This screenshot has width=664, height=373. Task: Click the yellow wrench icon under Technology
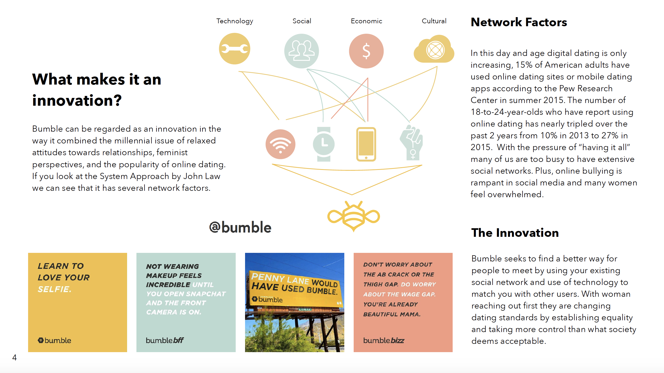235,49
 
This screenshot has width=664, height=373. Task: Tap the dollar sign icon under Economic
366,51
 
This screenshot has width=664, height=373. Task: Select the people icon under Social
302,51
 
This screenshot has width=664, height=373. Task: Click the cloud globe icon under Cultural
434,50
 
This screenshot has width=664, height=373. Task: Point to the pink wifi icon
280,144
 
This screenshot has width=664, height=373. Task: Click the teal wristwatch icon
324,144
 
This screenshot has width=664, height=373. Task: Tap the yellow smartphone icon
366,144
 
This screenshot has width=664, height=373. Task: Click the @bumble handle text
240,227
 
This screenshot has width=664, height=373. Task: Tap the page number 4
14,357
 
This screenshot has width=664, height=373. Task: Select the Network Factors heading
519,22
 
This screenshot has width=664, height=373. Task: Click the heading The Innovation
515,233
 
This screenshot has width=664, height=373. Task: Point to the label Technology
235,21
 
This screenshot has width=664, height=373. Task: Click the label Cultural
434,21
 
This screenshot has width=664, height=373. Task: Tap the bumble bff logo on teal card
165,340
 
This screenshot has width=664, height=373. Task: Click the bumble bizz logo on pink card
384,340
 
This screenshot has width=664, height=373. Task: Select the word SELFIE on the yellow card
55,289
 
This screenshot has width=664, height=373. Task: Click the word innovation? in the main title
77,101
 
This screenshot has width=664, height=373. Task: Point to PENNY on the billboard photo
268,277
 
